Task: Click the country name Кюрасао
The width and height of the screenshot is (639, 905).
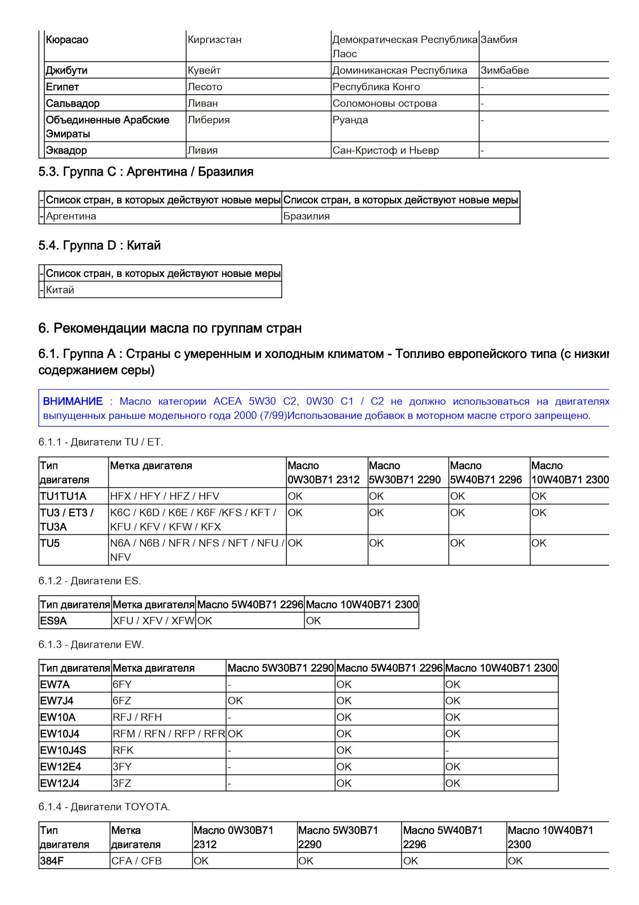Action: (x=67, y=40)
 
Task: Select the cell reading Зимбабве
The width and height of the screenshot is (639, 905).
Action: (x=504, y=71)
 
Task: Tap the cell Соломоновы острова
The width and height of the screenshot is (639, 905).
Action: (x=384, y=104)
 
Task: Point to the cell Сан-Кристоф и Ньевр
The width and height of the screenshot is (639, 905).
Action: (x=385, y=151)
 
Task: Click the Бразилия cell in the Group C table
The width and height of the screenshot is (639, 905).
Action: (x=306, y=216)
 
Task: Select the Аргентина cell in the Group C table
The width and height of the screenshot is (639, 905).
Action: (x=71, y=216)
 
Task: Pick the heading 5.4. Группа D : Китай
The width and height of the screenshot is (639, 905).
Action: (x=99, y=246)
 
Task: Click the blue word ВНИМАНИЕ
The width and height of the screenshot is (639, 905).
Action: (x=73, y=402)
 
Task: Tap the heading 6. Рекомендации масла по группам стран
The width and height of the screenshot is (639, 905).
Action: (x=170, y=329)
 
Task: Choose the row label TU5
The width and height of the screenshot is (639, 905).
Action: (x=50, y=543)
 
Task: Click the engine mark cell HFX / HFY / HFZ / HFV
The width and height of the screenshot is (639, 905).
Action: (x=164, y=496)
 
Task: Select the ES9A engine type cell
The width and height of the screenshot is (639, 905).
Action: (x=53, y=621)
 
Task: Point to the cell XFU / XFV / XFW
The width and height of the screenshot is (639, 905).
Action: (x=153, y=621)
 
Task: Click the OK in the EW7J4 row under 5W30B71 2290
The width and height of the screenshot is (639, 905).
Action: (x=235, y=701)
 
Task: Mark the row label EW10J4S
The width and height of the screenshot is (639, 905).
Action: (x=63, y=750)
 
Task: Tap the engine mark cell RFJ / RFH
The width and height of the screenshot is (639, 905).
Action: (x=137, y=717)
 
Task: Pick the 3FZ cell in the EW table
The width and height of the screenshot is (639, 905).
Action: (x=122, y=783)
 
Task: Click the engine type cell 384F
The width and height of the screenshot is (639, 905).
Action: (x=52, y=861)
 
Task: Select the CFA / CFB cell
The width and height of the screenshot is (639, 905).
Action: (x=136, y=861)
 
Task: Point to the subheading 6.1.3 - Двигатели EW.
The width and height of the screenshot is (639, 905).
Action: (x=91, y=645)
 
